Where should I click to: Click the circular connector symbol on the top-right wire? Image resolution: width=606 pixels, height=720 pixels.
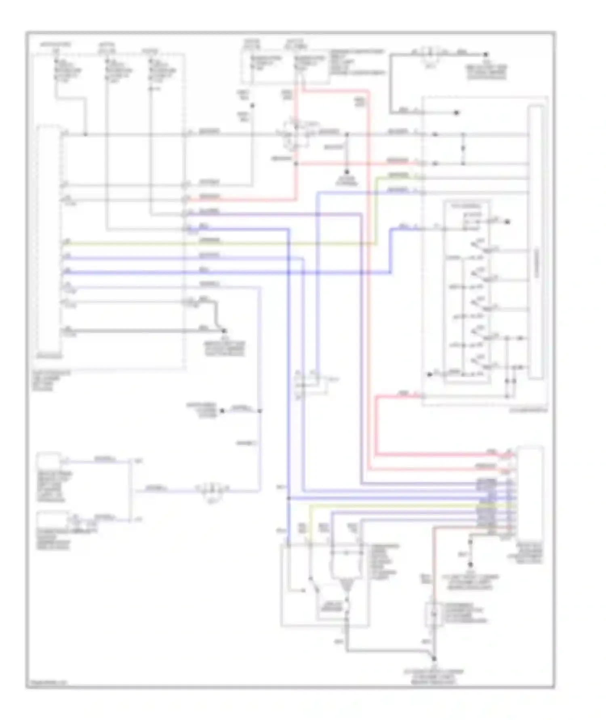(430, 53)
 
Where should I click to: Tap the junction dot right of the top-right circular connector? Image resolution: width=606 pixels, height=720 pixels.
(486, 54)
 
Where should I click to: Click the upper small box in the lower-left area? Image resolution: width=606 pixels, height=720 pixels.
(48, 460)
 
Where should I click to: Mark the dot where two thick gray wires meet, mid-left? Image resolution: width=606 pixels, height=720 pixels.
(224, 331)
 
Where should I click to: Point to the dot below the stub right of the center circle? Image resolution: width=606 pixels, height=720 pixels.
(346, 172)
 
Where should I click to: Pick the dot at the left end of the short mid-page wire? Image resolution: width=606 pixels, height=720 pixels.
(222, 411)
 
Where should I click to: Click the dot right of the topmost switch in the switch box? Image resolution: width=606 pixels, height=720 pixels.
(508, 222)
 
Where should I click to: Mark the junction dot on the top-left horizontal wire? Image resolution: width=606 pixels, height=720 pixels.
(86, 134)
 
